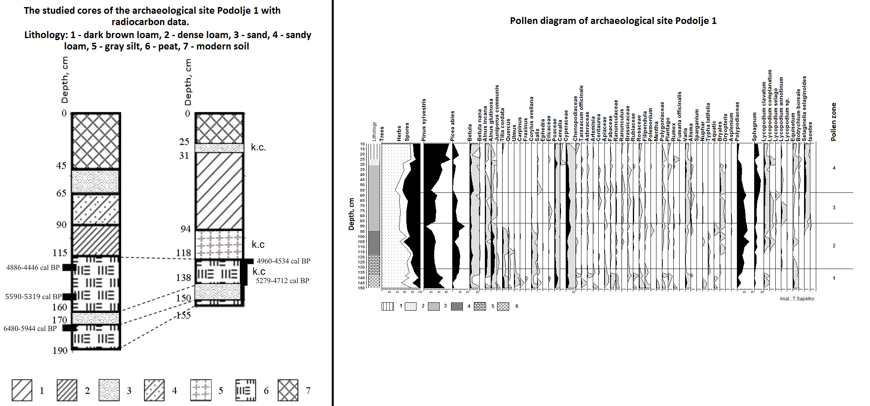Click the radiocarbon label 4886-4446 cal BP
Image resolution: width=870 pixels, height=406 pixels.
point(33,268)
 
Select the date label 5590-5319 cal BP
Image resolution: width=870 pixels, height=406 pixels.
point(33,297)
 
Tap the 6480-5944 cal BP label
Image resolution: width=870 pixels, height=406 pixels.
point(30,329)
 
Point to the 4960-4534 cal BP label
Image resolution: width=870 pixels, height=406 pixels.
point(283,261)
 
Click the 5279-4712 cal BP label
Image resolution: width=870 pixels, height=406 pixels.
point(282,281)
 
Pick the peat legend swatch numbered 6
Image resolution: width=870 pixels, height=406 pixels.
point(245,390)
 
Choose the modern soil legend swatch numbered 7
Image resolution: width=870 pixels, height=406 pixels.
point(288,390)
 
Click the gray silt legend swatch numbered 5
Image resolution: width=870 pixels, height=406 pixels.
point(201,390)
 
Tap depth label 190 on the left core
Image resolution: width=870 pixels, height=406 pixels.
point(60,351)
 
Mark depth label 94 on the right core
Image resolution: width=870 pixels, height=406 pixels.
point(185,229)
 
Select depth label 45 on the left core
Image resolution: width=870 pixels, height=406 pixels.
point(61,166)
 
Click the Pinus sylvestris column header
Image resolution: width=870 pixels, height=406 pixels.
point(424,120)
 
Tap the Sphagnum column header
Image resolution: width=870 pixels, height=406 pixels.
point(754,127)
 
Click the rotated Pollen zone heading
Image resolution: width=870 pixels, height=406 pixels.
point(833,122)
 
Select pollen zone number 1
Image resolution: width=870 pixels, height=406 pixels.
point(834,278)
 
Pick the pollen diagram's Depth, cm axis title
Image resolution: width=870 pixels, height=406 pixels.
point(351,214)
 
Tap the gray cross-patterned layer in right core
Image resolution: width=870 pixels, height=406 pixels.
point(219,244)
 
